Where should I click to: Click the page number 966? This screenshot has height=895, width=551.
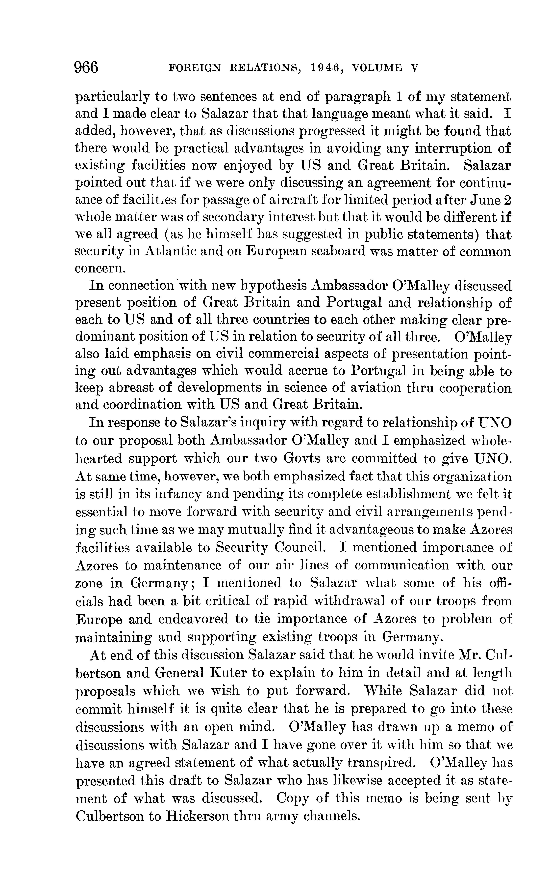click(86, 68)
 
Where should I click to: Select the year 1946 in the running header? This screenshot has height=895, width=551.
click(321, 68)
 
